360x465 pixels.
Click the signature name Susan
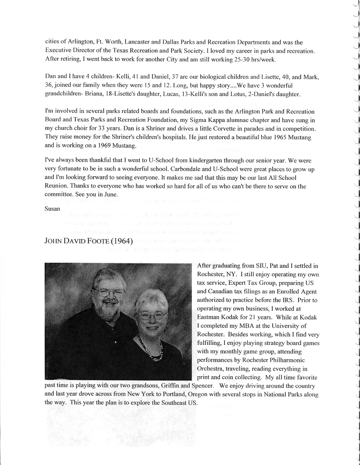point(53,209)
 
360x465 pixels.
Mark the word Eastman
point(209,317)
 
